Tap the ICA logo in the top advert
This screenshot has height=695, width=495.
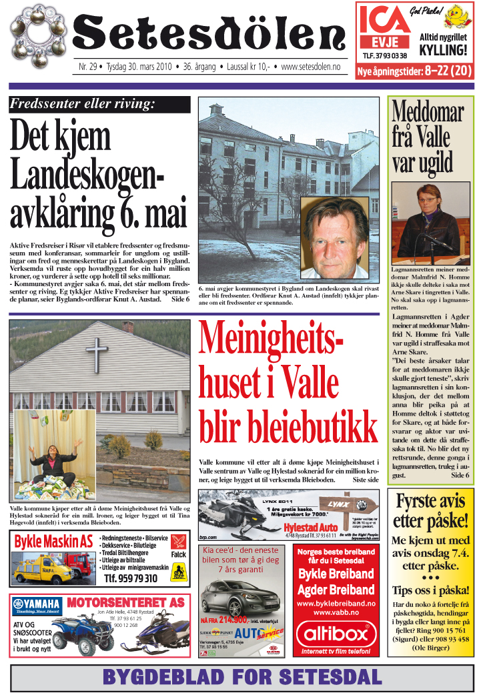pos(384,24)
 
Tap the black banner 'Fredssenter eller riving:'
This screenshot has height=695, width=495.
pos(99,104)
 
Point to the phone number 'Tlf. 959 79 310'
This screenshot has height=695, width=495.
pos(131,578)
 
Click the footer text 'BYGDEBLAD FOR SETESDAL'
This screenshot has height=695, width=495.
pos(241,677)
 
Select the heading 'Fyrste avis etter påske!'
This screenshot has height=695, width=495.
pos(430,510)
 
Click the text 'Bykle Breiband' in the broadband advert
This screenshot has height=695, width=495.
pos(336,574)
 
